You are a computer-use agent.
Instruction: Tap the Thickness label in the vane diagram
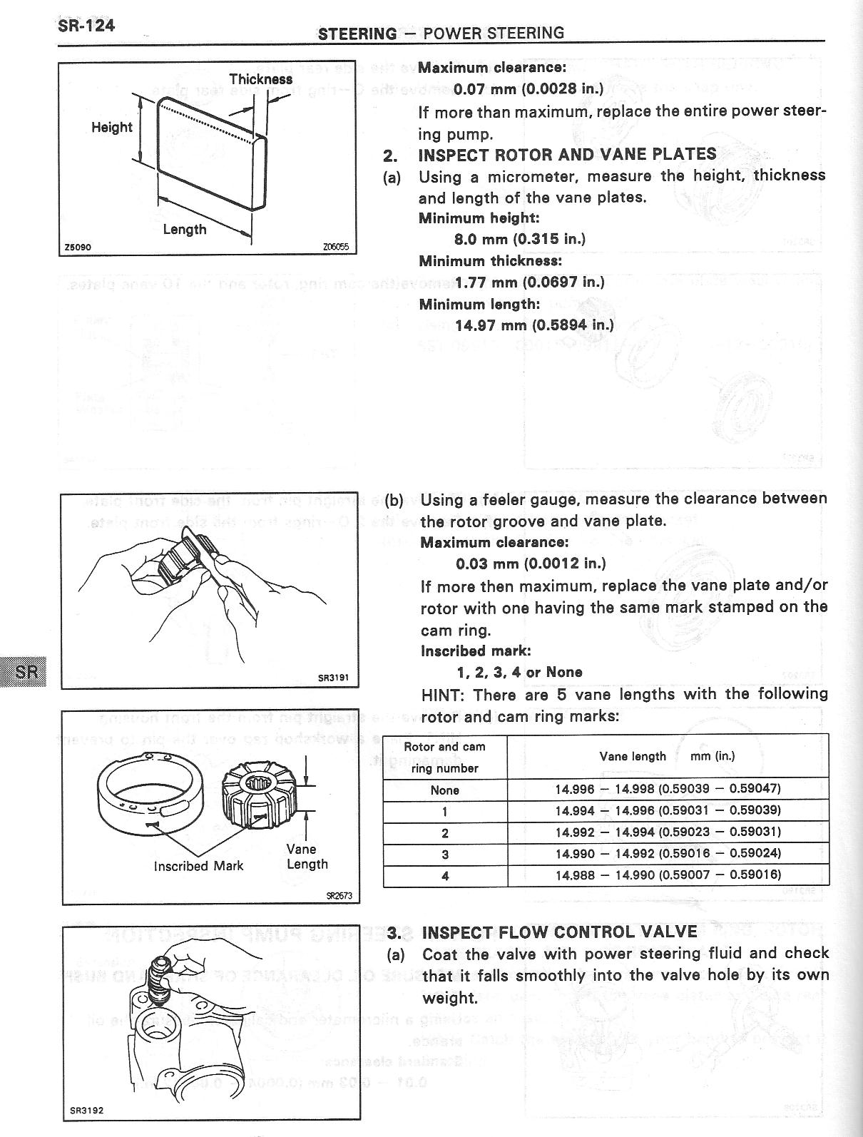pyautogui.click(x=260, y=79)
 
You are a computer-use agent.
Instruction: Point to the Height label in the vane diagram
pyautogui.click(x=112, y=128)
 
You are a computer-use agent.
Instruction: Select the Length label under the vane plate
pyautogui.click(x=184, y=229)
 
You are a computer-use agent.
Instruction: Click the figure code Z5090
pyautogui.click(x=77, y=248)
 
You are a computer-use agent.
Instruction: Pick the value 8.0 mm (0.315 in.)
pyautogui.click(x=519, y=239)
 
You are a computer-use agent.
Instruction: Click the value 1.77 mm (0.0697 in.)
pyautogui.click(x=529, y=282)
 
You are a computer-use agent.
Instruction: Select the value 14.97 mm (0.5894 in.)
pyautogui.click(x=533, y=325)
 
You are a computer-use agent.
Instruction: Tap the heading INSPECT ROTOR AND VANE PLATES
pyautogui.click(x=567, y=155)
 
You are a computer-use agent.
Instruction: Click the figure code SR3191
pyautogui.click(x=333, y=678)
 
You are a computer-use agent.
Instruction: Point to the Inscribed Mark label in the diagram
pyautogui.click(x=198, y=865)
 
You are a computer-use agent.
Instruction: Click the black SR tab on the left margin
pyautogui.click(x=24, y=671)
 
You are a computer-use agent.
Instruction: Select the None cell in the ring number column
pyautogui.click(x=445, y=790)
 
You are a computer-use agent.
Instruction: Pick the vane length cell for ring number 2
pyautogui.click(x=668, y=832)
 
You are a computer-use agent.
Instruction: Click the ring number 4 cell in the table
pyautogui.click(x=445, y=875)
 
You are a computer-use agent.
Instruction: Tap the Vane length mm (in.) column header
pyautogui.click(x=667, y=756)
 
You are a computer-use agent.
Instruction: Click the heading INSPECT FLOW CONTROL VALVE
pyautogui.click(x=559, y=932)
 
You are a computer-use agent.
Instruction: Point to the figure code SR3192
pyautogui.click(x=87, y=1111)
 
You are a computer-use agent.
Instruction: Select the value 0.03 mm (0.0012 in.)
pyautogui.click(x=531, y=564)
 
